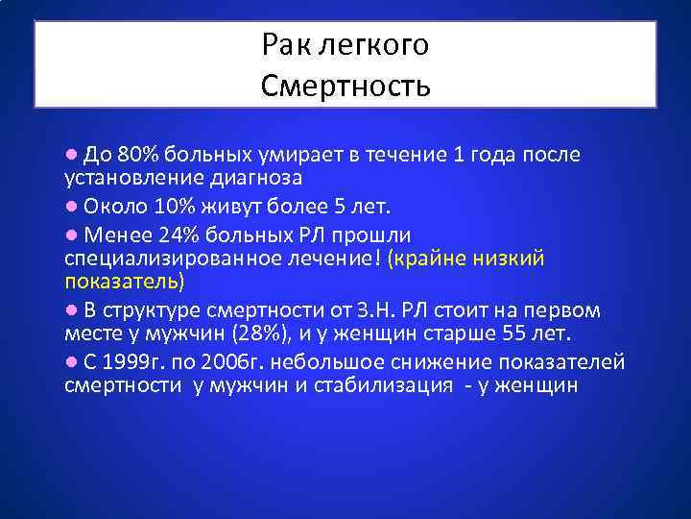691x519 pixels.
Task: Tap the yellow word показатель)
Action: point(124,283)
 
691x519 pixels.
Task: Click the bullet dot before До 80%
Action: point(71,155)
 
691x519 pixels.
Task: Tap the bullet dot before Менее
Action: point(71,233)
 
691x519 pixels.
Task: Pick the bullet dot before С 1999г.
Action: point(71,361)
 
